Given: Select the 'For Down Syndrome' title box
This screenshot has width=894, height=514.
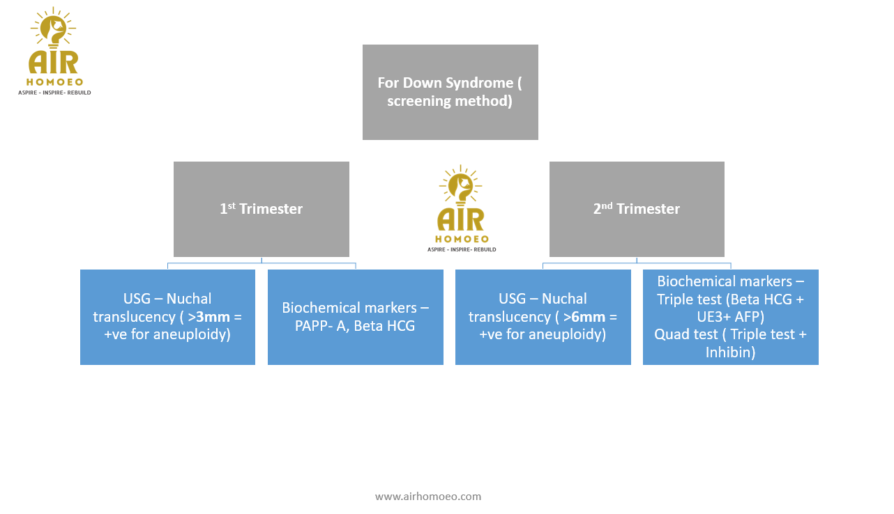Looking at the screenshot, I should pyautogui.click(x=450, y=92).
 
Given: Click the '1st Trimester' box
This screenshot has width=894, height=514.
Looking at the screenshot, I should pyautogui.click(x=261, y=209).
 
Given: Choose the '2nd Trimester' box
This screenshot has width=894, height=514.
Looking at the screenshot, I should pyautogui.click(x=637, y=209).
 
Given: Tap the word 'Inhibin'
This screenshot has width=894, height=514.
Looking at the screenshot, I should pyautogui.click(x=730, y=352).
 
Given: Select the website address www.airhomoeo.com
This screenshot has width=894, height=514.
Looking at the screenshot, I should pyautogui.click(x=428, y=497).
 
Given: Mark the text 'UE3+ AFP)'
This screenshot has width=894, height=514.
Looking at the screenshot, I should pyautogui.click(x=731, y=317).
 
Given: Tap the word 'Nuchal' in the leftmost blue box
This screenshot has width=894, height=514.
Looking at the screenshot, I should pyautogui.click(x=189, y=299).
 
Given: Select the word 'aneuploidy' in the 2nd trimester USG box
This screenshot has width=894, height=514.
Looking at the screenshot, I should pyautogui.click(x=571, y=334).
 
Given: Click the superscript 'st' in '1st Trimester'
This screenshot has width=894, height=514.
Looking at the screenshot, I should pyautogui.click(x=232, y=205).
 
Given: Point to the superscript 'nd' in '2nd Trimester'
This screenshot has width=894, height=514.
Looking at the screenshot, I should pyautogui.click(x=607, y=205).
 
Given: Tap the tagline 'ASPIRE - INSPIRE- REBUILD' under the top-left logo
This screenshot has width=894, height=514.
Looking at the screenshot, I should pyautogui.click(x=54, y=92).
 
